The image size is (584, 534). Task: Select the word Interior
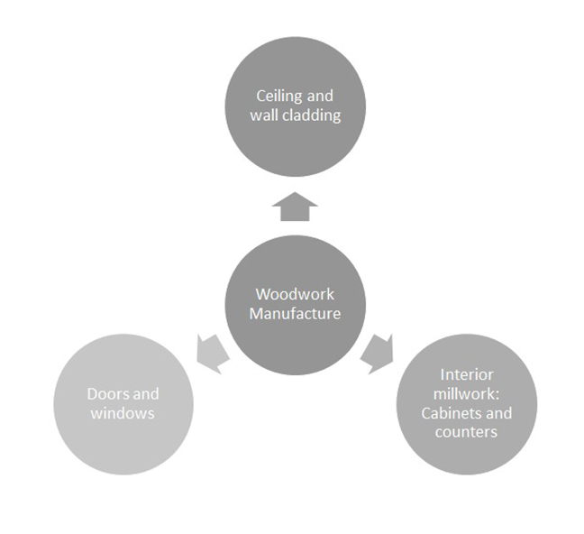[466, 373]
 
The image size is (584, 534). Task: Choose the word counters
[467, 432]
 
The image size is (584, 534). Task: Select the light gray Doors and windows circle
[123, 404]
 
